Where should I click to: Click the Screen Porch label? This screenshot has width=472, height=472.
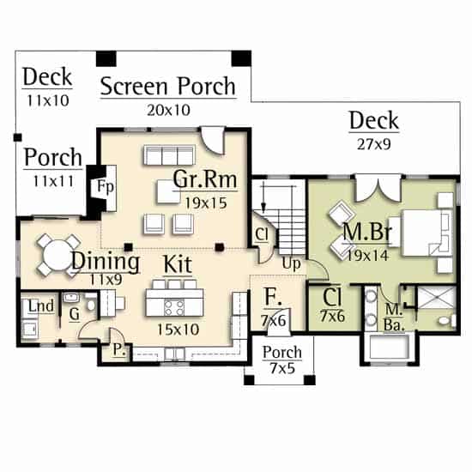[x=168, y=87]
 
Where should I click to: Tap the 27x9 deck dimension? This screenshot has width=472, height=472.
[x=374, y=144]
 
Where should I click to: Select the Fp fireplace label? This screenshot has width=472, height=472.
[x=106, y=186]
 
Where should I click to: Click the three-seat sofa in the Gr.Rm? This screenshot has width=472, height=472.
[x=169, y=155]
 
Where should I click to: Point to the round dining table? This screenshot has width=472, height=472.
[x=57, y=255]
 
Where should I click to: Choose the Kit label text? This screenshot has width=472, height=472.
[x=178, y=265]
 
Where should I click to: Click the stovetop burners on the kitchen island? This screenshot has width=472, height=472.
[x=174, y=307]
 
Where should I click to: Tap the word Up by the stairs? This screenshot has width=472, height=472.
[x=292, y=264]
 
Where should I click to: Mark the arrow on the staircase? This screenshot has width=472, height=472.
[x=263, y=199]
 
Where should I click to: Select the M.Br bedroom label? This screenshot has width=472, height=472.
[x=367, y=232]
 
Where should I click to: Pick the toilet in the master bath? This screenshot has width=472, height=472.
[x=448, y=320]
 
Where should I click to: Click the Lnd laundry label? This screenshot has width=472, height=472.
[x=41, y=306]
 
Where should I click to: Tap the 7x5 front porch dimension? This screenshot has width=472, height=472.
[x=282, y=368]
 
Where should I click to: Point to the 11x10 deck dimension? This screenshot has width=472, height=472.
[x=48, y=100]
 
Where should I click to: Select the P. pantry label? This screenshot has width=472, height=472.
[x=119, y=349]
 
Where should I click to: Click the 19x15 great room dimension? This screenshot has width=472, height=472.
[x=206, y=203]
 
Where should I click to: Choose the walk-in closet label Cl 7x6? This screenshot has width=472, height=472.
[x=332, y=306]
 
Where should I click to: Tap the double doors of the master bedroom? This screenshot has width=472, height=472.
[x=378, y=189]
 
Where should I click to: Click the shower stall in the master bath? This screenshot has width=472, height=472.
[x=437, y=298]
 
